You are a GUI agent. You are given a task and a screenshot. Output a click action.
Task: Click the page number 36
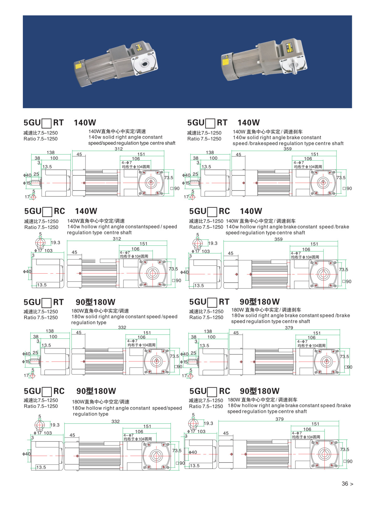point(345,484)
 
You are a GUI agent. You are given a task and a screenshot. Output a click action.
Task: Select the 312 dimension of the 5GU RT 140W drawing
point(118,149)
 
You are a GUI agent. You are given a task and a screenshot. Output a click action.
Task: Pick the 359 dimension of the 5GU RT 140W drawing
point(287,149)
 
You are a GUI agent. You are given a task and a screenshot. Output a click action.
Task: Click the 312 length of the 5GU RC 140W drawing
point(117,239)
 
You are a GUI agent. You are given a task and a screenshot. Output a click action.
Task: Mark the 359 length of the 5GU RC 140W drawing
point(278,239)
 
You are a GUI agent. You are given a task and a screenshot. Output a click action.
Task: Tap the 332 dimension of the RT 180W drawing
point(122,327)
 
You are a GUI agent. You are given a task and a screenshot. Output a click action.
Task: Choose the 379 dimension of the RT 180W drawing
point(289,327)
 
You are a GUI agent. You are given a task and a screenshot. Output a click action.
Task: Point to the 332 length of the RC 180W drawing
point(115,422)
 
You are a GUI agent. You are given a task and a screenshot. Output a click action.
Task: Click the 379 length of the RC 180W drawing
point(279,419)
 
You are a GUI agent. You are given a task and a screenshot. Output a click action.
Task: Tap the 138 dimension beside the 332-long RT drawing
point(50,331)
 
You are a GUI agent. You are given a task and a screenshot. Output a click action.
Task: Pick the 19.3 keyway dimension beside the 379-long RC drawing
point(208,423)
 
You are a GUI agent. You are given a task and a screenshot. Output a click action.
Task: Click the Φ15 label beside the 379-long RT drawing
point(184,362)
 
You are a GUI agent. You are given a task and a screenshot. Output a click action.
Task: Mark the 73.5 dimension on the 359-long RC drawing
point(343,270)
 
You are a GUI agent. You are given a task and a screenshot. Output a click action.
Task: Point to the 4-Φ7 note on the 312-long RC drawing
point(125,253)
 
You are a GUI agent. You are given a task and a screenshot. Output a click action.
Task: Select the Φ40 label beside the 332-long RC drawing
point(26,454)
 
